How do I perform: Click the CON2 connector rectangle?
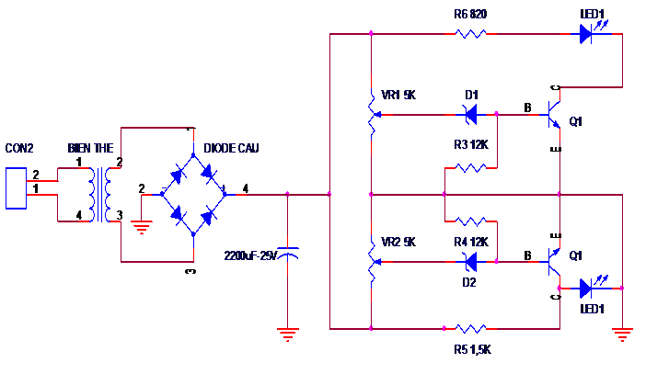pos(17,188)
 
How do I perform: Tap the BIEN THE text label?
pos(90,148)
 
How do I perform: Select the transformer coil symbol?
pos(100,195)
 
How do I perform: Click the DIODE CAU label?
pos(231,148)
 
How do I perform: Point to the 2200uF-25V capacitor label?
pos(250,255)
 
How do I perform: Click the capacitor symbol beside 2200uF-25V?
pos(287,253)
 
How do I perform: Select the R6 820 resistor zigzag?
pos(470,34)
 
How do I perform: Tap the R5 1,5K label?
pos(472,350)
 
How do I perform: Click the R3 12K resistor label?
pos(471,145)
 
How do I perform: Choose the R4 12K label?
pos(471,242)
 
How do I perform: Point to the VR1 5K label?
pos(398,95)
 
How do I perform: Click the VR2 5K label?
pos(398,242)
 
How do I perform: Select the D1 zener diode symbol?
pos(470,115)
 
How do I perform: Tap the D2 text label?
pos(469,282)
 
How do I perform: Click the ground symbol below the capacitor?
pos(287,334)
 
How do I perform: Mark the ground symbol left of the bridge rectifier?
pos(142,228)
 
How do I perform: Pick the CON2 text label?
pos(19,148)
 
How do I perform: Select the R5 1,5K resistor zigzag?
pos(470,328)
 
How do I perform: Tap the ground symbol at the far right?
pos(622,334)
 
